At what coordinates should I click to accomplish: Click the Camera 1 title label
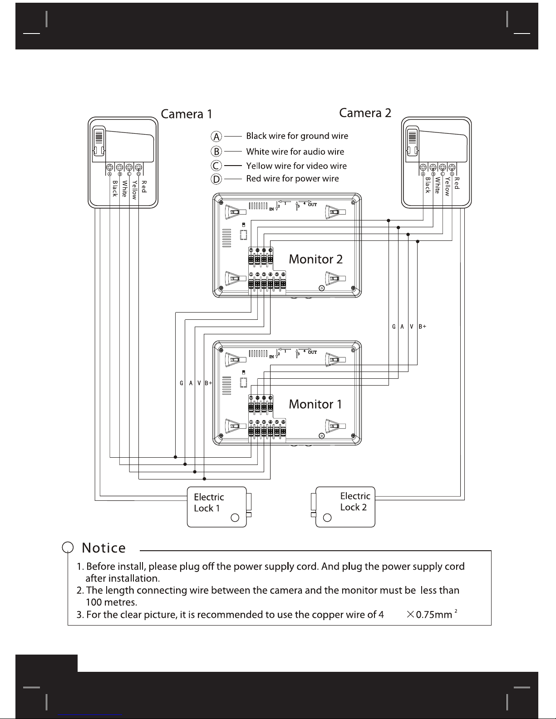[x=187, y=113]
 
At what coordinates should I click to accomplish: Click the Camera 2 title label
[x=365, y=112]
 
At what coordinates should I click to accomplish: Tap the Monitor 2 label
[x=315, y=259]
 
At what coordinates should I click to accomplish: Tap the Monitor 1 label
[x=315, y=404]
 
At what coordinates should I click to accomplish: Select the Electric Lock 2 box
[x=345, y=507]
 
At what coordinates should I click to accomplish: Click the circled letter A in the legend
[x=217, y=136]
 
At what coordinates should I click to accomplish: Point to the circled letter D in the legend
[x=217, y=179]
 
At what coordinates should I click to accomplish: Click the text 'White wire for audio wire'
[x=295, y=152]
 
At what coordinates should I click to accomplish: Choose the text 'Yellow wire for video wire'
[x=296, y=166]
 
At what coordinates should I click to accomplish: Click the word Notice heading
[x=103, y=548]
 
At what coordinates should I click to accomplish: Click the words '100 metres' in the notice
[x=111, y=602]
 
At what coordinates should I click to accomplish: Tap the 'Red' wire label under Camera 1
[x=144, y=187]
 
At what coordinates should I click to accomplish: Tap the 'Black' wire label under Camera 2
[x=428, y=186]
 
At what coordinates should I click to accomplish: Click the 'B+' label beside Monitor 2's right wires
[x=422, y=326]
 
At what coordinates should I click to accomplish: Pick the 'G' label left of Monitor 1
[x=181, y=383]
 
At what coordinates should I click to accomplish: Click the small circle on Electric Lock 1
[x=235, y=518]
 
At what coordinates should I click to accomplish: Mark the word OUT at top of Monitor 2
[x=312, y=205]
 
